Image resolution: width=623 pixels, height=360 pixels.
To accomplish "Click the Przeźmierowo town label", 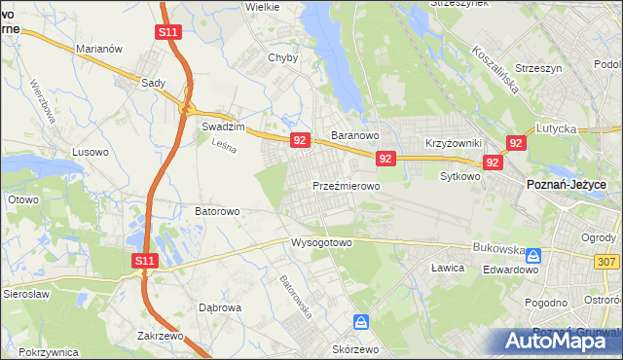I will [346, 185].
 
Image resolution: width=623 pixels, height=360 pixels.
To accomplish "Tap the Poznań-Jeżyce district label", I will [567, 185].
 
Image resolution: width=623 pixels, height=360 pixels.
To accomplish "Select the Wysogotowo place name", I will [321, 242].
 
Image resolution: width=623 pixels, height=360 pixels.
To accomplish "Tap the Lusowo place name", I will [92, 152].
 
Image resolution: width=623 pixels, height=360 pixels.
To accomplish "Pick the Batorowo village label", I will [217, 210].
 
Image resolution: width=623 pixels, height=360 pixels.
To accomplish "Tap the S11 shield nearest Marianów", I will [167, 32].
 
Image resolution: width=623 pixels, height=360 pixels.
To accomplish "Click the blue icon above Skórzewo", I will [361, 321].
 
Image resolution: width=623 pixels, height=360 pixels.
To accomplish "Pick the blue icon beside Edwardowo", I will [533, 256].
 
